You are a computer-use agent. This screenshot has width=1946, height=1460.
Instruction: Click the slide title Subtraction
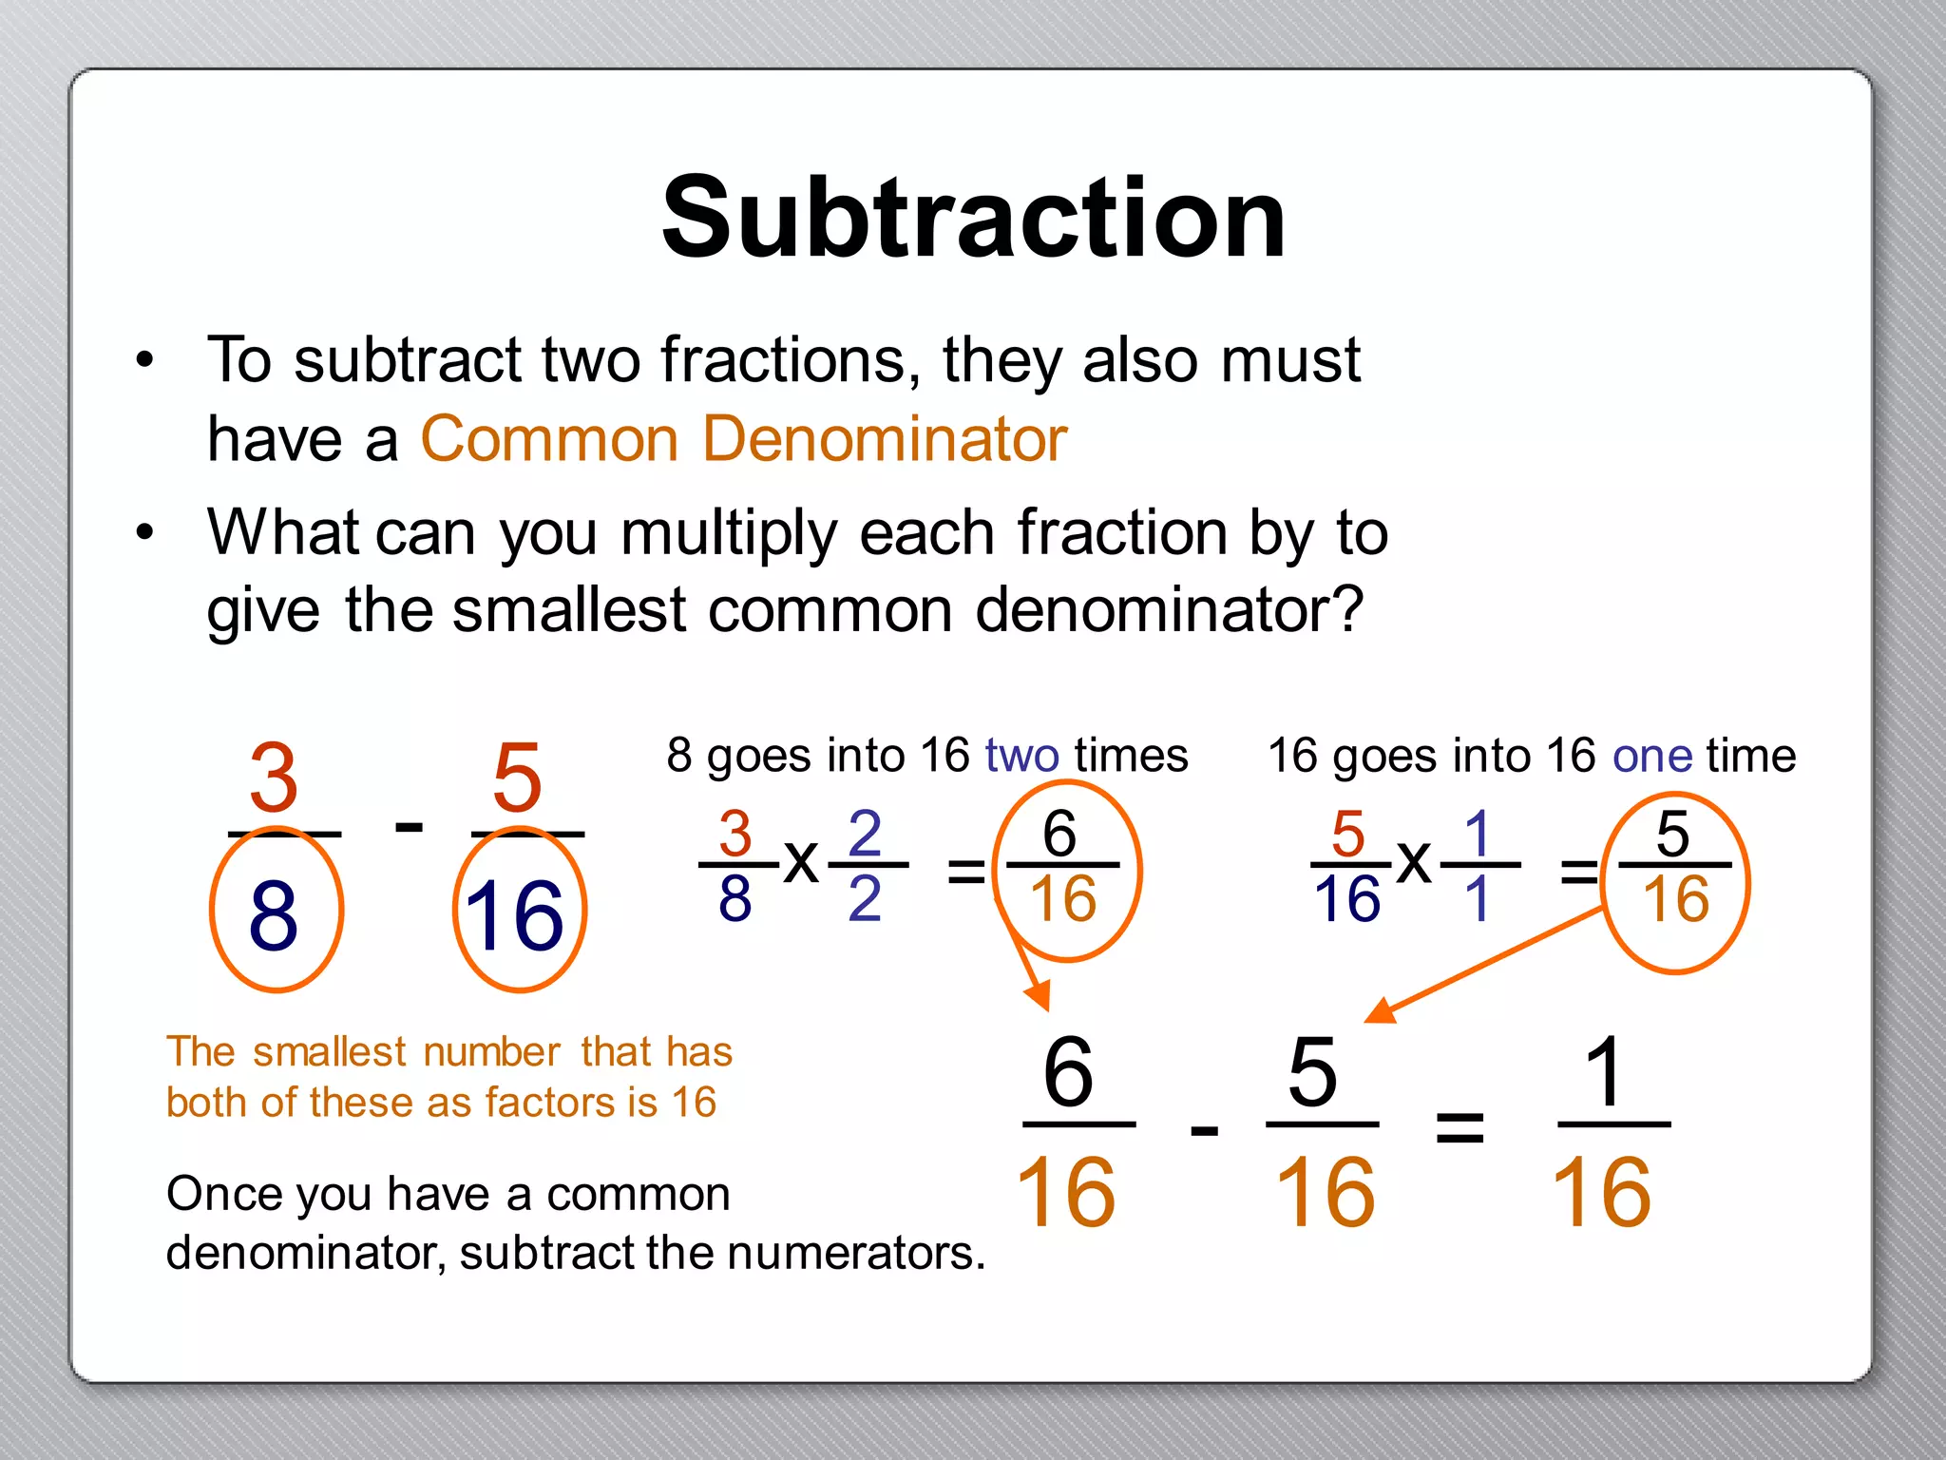tap(973, 219)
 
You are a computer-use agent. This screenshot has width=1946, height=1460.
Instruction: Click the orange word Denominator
tap(885, 439)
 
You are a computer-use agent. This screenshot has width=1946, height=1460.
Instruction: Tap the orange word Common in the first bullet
tap(549, 439)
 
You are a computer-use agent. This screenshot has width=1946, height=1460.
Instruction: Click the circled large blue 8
tap(274, 914)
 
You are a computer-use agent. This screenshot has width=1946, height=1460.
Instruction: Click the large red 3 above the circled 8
tap(274, 778)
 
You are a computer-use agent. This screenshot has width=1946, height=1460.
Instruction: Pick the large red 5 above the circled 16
tap(518, 778)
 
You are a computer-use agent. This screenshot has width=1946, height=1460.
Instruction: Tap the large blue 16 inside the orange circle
tap(516, 914)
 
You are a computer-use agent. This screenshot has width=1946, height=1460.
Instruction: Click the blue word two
tap(1021, 756)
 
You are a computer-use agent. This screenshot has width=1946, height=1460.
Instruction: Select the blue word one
tap(1652, 756)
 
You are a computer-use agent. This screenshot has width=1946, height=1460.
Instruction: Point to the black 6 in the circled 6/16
tap(1059, 834)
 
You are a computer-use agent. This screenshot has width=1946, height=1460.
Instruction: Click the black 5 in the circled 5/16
tap(1673, 834)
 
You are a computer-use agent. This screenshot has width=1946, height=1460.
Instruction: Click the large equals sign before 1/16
tap(1459, 1128)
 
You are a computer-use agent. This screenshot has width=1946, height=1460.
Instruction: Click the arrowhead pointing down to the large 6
tap(1040, 995)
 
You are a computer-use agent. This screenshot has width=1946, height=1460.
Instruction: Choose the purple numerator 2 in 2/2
tap(865, 834)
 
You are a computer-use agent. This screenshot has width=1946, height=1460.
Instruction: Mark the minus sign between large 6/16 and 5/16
tap(1204, 1130)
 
